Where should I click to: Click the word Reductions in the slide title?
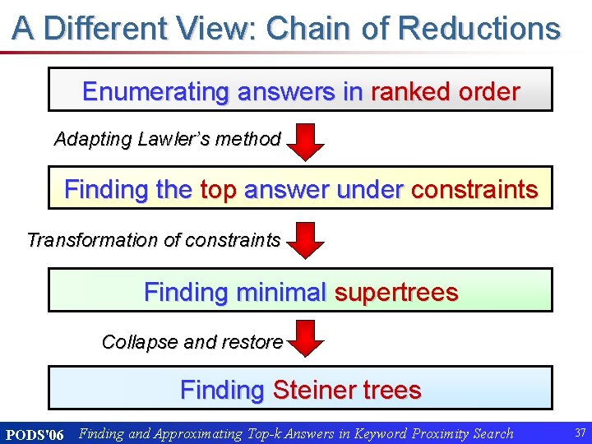point(479,29)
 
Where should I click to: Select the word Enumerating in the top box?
point(156,92)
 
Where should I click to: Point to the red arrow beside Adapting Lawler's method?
point(305,141)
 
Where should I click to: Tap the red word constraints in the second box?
point(474,190)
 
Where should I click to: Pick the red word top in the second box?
point(219,190)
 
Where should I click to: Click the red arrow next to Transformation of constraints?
point(305,241)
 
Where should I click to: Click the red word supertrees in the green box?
point(396,292)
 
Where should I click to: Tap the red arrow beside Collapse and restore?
point(305,340)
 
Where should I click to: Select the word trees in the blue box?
point(393,390)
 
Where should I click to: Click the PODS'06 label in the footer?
point(35,433)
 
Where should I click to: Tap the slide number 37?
point(580,432)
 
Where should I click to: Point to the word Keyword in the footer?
point(386,433)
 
